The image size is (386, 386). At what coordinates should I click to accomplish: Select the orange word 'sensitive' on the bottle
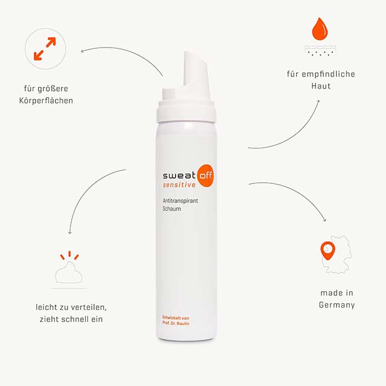click(x=179, y=185)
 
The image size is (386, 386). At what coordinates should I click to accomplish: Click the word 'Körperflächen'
click(x=46, y=101)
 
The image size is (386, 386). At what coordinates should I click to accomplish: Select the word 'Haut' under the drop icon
click(x=320, y=86)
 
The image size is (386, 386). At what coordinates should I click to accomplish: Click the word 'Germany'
click(x=337, y=305)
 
